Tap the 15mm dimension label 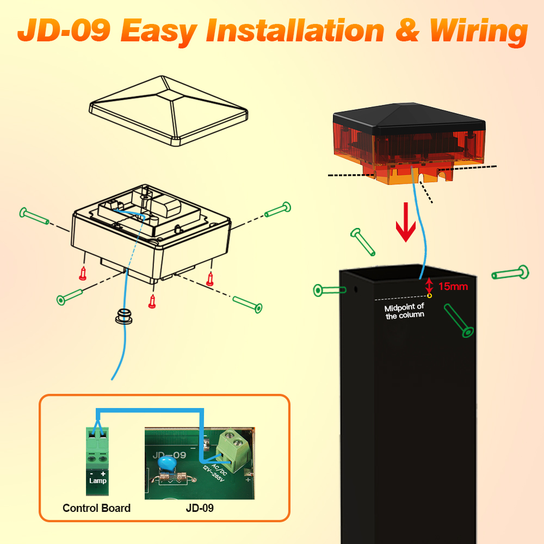453,286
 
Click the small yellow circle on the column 429,296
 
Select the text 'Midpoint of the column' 404,311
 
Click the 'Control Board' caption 96,508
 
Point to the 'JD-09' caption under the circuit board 200,508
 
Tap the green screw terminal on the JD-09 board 231,450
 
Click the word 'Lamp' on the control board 98,480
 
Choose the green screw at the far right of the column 510,273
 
